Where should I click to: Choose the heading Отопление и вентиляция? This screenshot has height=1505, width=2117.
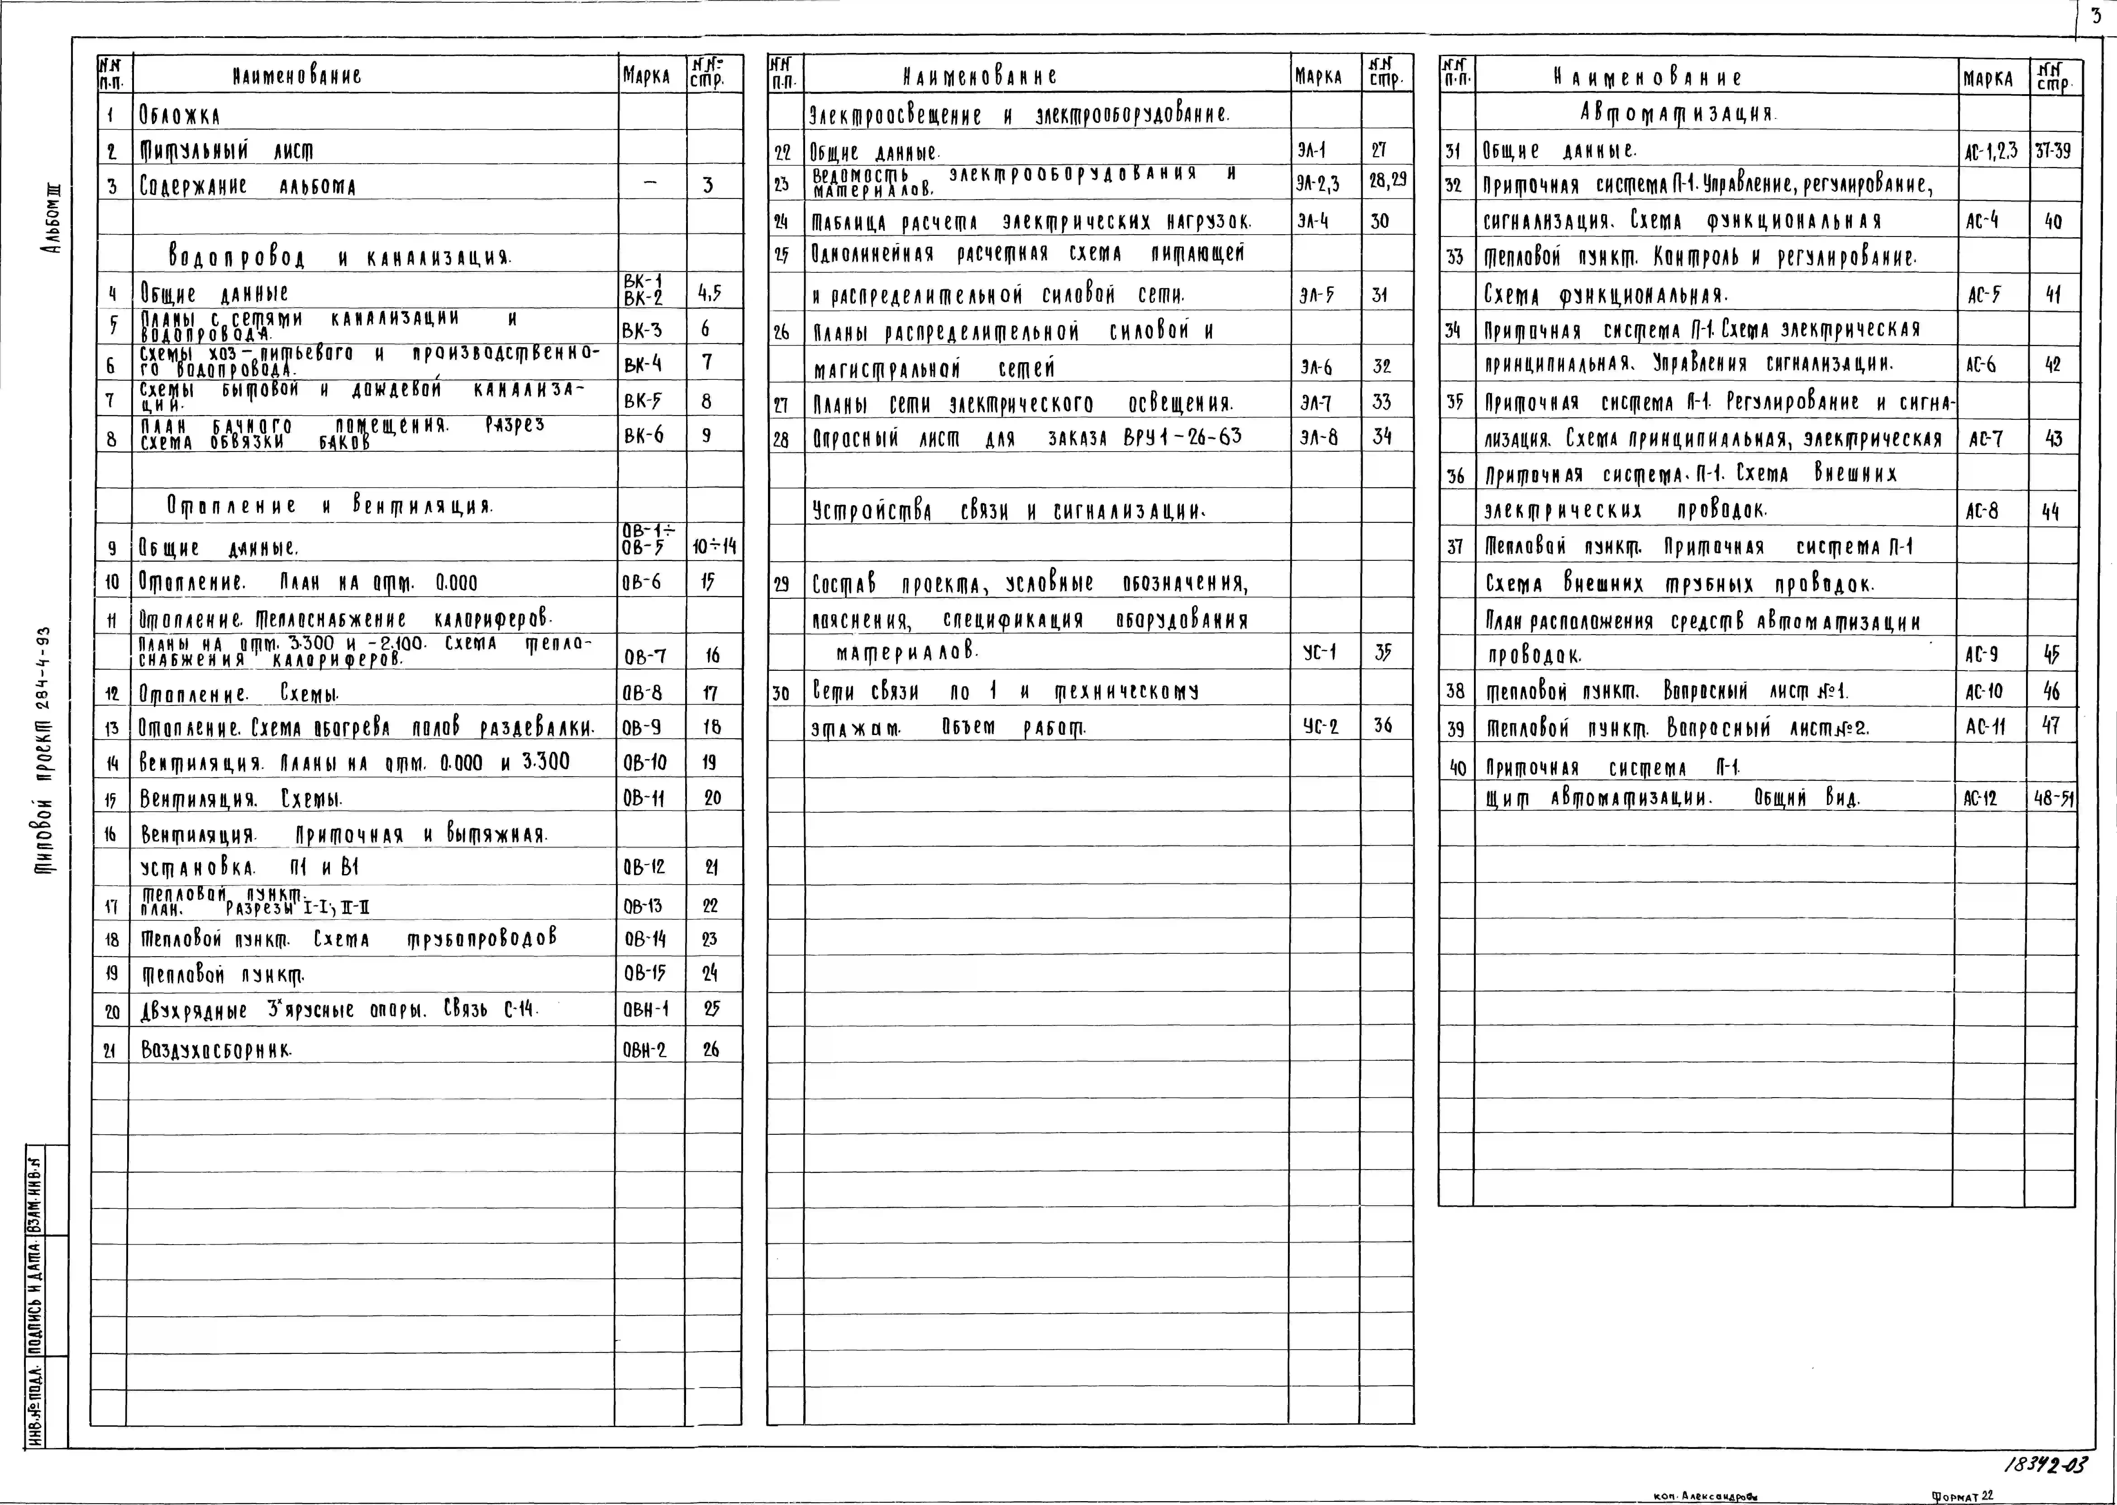pos(330,506)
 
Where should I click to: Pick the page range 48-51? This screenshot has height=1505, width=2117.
pos(2053,798)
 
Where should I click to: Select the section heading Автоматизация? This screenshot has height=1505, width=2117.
pos(1677,114)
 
